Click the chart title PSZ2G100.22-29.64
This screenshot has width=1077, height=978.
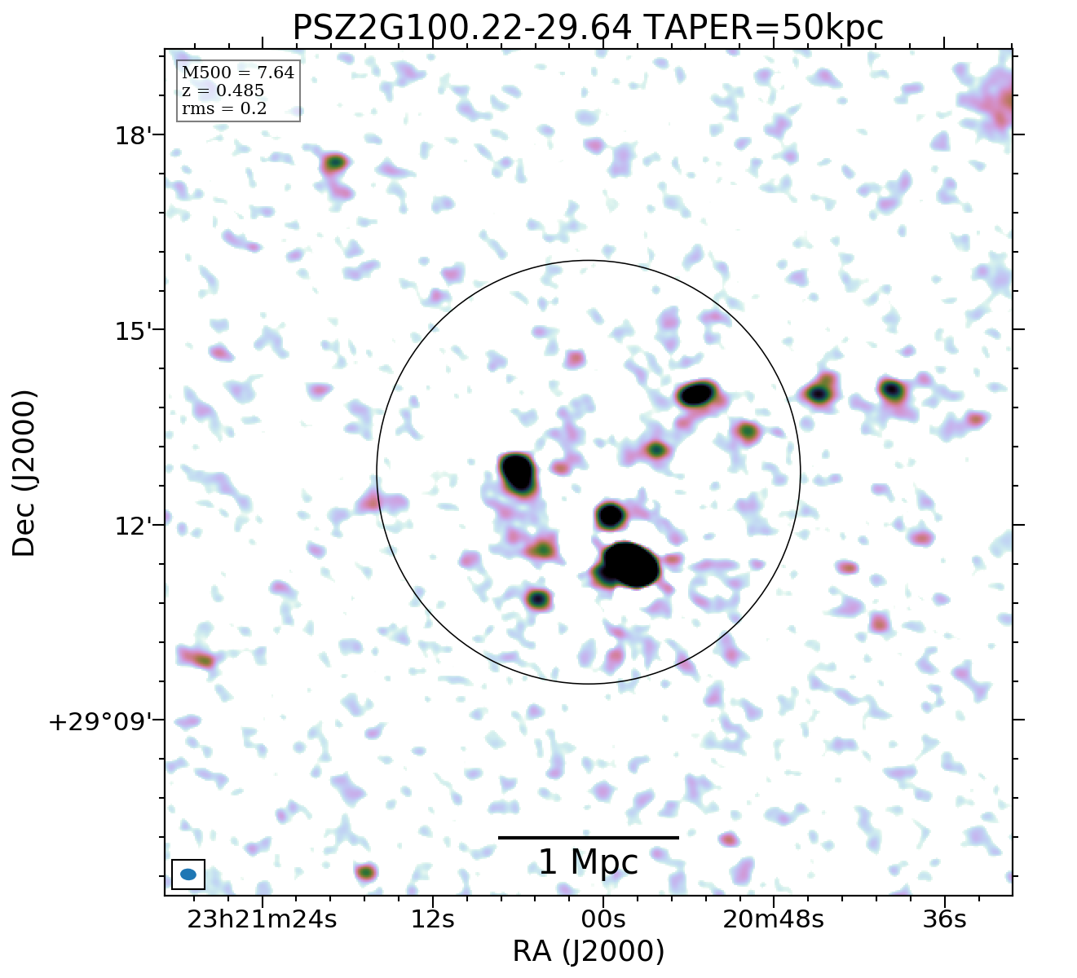[461, 29]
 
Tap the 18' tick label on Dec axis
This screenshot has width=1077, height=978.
[129, 134]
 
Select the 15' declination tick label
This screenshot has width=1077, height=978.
[129, 331]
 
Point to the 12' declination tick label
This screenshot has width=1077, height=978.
[129, 526]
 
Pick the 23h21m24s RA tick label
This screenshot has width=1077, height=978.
[262, 919]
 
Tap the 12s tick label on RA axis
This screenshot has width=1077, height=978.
[432, 919]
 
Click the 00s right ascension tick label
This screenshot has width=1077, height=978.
[603, 919]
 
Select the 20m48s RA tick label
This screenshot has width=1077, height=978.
[773, 919]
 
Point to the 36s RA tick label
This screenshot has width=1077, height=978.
[944, 919]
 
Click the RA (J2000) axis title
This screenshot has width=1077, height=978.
[588, 952]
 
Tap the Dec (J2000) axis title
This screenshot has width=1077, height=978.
[24, 473]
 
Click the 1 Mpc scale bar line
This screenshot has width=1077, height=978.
[588, 837]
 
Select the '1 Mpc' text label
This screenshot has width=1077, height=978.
[588, 862]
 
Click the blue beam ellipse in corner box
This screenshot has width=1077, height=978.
[188, 874]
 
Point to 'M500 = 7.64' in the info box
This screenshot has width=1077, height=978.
[237, 73]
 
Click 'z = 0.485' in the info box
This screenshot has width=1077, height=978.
[223, 91]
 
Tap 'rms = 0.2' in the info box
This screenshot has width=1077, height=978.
[223, 108]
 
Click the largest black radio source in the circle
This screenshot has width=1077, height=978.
[630, 564]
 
